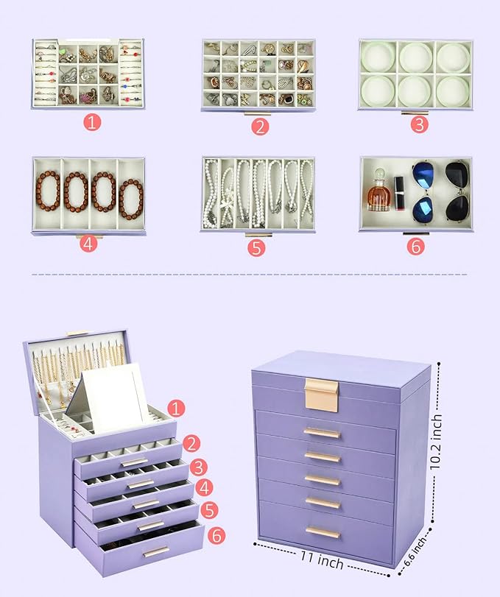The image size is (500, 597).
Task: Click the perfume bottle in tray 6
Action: pyautogui.click(x=378, y=193)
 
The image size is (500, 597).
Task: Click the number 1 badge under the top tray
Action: pyautogui.click(x=91, y=122)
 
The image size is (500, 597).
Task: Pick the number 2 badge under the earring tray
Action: pyautogui.click(x=259, y=126)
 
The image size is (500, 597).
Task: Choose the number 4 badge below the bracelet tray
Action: pyautogui.click(x=88, y=243)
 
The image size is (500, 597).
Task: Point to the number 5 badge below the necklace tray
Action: pyautogui.click(x=256, y=247)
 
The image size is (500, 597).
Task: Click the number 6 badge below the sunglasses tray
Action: pyautogui.click(x=415, y=245)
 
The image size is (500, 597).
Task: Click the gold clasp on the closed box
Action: pyautogui.click(x=321, y=395)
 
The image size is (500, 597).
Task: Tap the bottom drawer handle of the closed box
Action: pyautogui.click(x=323, y=532)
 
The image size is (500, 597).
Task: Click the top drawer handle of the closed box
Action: pyautogui.click(x=323, y=434)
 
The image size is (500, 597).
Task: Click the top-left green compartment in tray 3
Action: pyautogui.click(x=378, y=57)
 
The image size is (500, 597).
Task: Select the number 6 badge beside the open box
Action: pyautogui.click(x=216, y=534)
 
